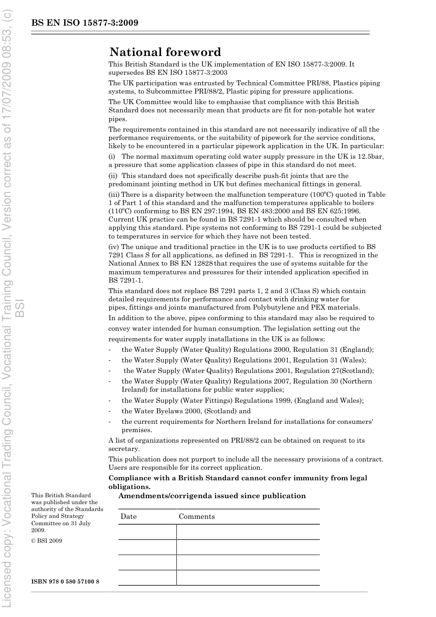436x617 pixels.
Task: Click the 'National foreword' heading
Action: click(x=165, y=52)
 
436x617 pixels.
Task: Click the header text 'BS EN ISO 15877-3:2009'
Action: click(x=85, y=23)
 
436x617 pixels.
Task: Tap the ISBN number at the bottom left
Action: click(x=65, y=582)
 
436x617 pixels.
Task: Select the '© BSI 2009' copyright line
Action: click(x=46, y=540)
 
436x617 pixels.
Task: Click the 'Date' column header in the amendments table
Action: click(x=129, y=517)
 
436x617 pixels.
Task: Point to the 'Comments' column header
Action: click(x=196, y=517)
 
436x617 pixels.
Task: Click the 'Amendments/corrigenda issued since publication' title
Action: click(x=212, y=496)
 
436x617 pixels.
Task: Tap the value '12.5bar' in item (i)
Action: click(x=371, y=156)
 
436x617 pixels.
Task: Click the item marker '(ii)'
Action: click(x=113, y=176)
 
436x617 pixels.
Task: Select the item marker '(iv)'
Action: click(x=113, y=247)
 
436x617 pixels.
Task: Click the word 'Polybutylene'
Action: click(x=284, y=307)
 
